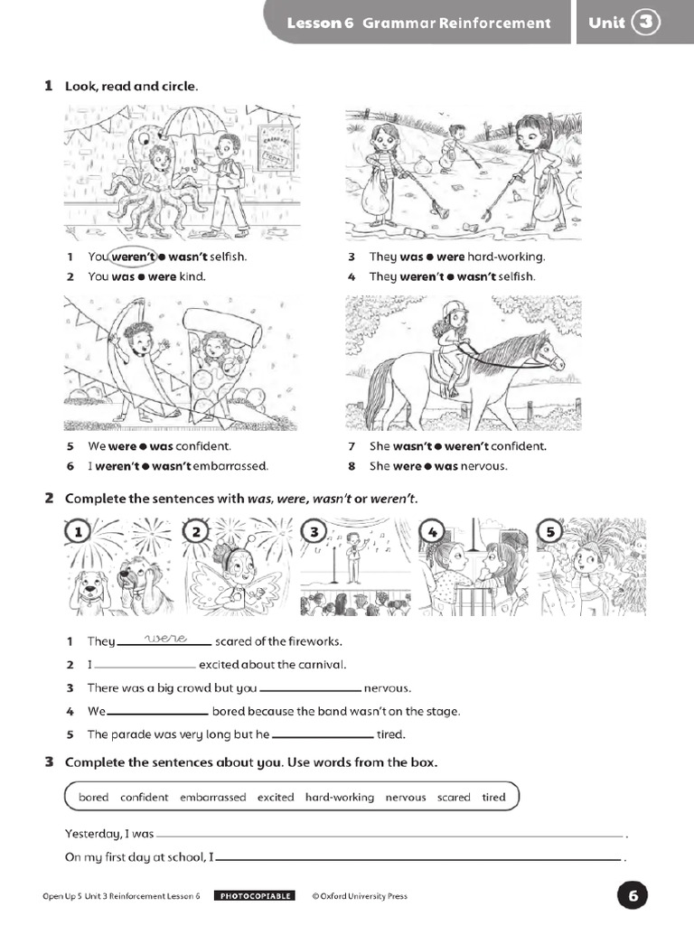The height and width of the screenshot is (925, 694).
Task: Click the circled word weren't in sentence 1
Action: tap(134, 257)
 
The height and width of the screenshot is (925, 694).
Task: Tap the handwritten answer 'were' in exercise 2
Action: tap(164, 639)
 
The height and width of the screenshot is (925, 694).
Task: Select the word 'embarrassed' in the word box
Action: tap(212, 797)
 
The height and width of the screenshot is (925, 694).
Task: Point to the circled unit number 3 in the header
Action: tap(646, 23)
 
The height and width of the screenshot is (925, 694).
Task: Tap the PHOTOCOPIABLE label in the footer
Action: tap(254, 896)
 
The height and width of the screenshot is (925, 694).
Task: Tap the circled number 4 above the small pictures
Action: tap(432, 532)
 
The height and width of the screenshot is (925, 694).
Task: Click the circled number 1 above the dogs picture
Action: tap(79, 532)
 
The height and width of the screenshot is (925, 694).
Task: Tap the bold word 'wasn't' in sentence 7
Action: tap(411, 446)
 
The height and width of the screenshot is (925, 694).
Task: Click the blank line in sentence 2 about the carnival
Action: tap(145, 666)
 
